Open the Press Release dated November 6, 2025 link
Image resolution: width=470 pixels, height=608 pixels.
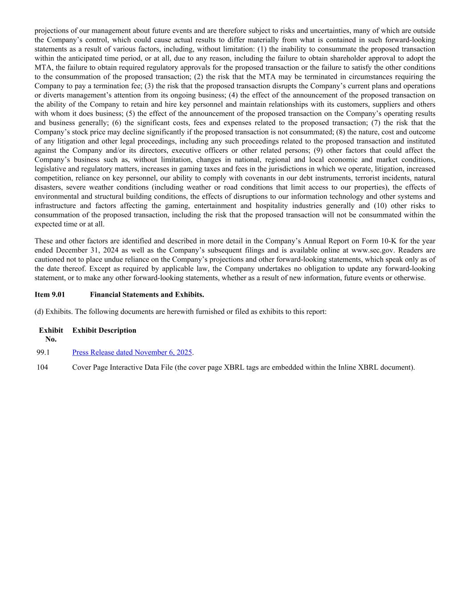(132, 352)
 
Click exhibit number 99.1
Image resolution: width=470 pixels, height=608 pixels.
(43, 352)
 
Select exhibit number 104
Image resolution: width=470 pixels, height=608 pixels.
(42, 367)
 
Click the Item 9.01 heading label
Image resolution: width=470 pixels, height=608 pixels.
(49, 295)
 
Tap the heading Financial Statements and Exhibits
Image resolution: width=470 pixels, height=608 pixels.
(147, 295)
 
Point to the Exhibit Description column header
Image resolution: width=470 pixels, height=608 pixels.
(104, 331)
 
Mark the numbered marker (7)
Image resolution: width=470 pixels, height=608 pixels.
(376, 123)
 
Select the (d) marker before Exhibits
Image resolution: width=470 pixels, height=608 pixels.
(39, 312)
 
